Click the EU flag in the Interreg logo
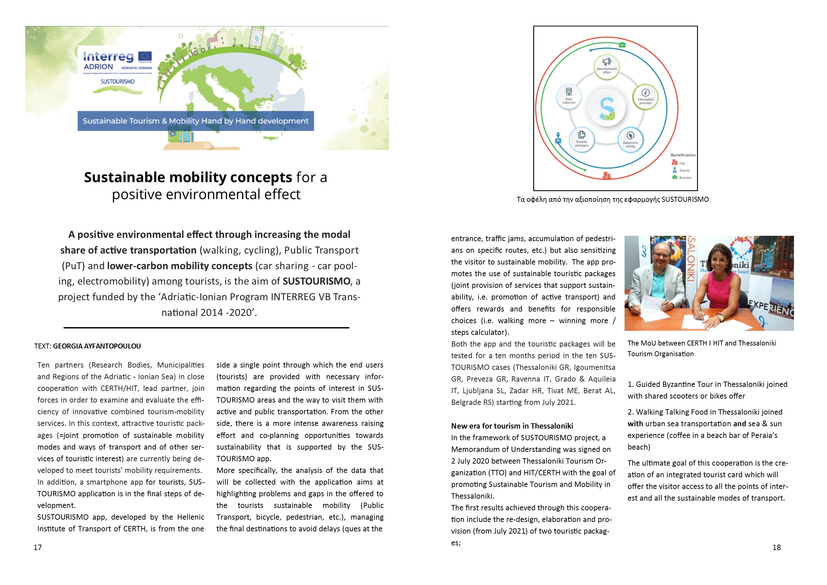click(x=145, y=57)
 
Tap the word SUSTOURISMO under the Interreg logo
click(x=117, y=82)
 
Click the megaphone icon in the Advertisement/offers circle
click(x=607, y=62)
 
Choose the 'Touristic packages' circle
click(x=581, y=139)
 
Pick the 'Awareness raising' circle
click(x=630, y=140)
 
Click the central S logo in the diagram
click(x=607, y=108)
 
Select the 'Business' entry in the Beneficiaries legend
click(x=685, y=177)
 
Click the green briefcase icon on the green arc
click(x=622, y=45)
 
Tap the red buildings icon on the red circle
click(x=607, y=175)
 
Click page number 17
click(x=38, y=548)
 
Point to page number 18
click(x=777, y=548)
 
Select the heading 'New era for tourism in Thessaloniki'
click(x=512, y=426)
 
